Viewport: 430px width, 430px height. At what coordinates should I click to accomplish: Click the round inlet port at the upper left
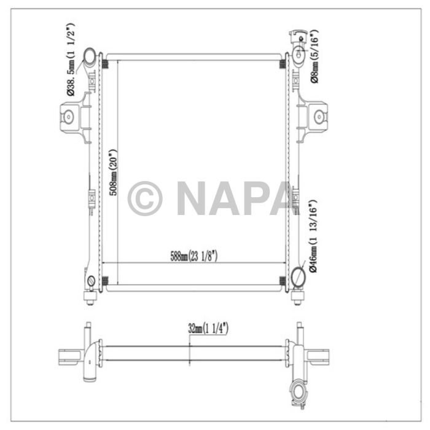[90, 58]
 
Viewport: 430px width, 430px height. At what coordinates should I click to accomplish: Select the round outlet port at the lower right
[298, 277]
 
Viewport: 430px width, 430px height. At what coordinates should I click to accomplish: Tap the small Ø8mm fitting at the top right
[299, 53]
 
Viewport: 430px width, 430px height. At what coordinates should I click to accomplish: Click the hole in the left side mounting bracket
[69, 116]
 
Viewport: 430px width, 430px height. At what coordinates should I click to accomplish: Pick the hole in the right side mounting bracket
[318, 116]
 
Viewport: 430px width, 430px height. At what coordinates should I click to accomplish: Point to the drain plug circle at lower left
[92, 282]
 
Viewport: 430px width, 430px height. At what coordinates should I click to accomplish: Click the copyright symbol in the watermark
[145, 198]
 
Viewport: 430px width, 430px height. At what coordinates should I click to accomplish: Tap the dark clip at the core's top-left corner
[105, 64]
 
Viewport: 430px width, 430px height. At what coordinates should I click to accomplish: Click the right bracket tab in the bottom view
[322, 356]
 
